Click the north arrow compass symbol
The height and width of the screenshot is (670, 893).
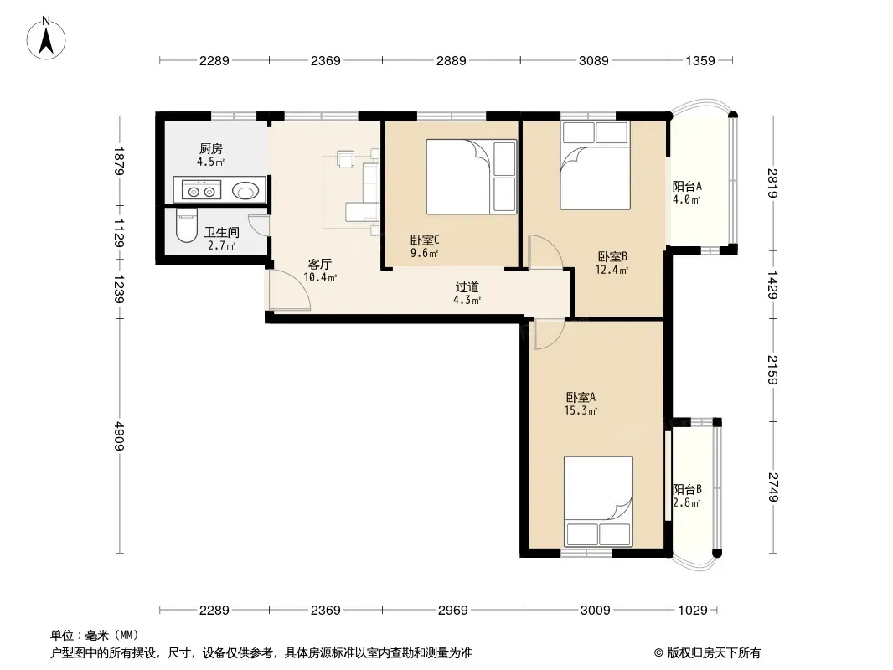click(46, 39)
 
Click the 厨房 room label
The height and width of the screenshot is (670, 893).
click(211, 149)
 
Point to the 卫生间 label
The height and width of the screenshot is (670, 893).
click(221, 232)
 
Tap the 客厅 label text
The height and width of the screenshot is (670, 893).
click(319, 264)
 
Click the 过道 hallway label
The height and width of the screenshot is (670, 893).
click(467, 287)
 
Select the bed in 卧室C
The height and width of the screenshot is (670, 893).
click(472, 177)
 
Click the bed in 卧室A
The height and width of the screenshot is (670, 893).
click(598, 501)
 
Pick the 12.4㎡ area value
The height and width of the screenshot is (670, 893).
click(611, 270)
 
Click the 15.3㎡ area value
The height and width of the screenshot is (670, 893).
click(581, 410)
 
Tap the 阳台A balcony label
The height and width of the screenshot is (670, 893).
click(687, 186)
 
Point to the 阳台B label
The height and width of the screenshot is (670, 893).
click(687, 490)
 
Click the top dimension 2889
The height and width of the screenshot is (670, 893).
click(451, 60)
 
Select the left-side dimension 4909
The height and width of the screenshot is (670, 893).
click(119, 436)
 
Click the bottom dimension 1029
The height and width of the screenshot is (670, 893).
click(693, 611)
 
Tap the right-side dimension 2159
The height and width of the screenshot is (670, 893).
click(772, 370)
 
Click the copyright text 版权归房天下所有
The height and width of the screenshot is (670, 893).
click(714, 653)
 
